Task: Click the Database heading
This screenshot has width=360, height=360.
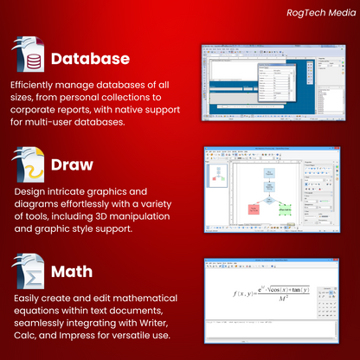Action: [90, 60]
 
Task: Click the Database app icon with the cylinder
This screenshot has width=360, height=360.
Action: [29, 59]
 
